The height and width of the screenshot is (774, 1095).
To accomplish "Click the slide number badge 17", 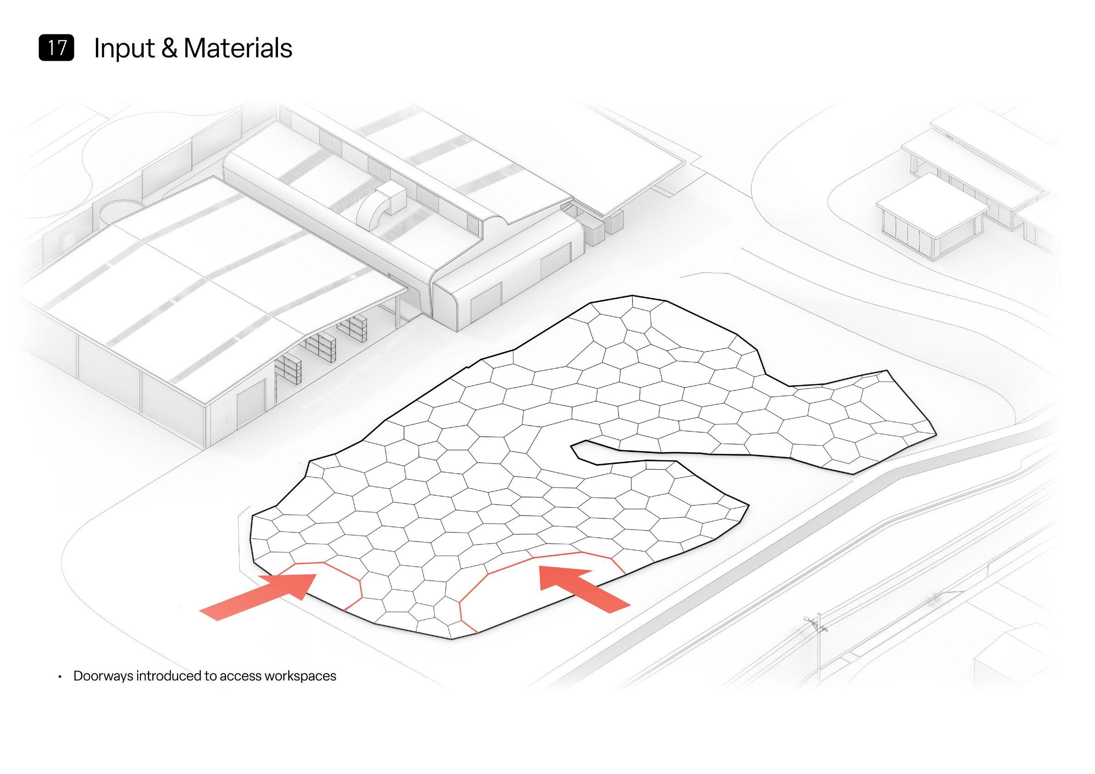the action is click(x=56, y=49).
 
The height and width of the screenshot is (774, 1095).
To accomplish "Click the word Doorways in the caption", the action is click(x=103, y=676).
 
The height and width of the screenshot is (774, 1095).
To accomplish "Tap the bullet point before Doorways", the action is click(x=60, y=677).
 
